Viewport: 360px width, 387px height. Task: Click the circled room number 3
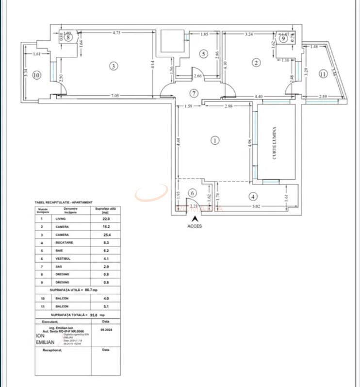pos(114,66)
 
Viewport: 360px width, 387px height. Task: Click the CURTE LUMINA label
pos(275,144)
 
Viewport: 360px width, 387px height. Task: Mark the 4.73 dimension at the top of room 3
pos(116,33)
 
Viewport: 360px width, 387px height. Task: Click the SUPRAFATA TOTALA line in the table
pos(77,315)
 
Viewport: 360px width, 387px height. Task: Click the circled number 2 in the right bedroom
pos(257,62)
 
